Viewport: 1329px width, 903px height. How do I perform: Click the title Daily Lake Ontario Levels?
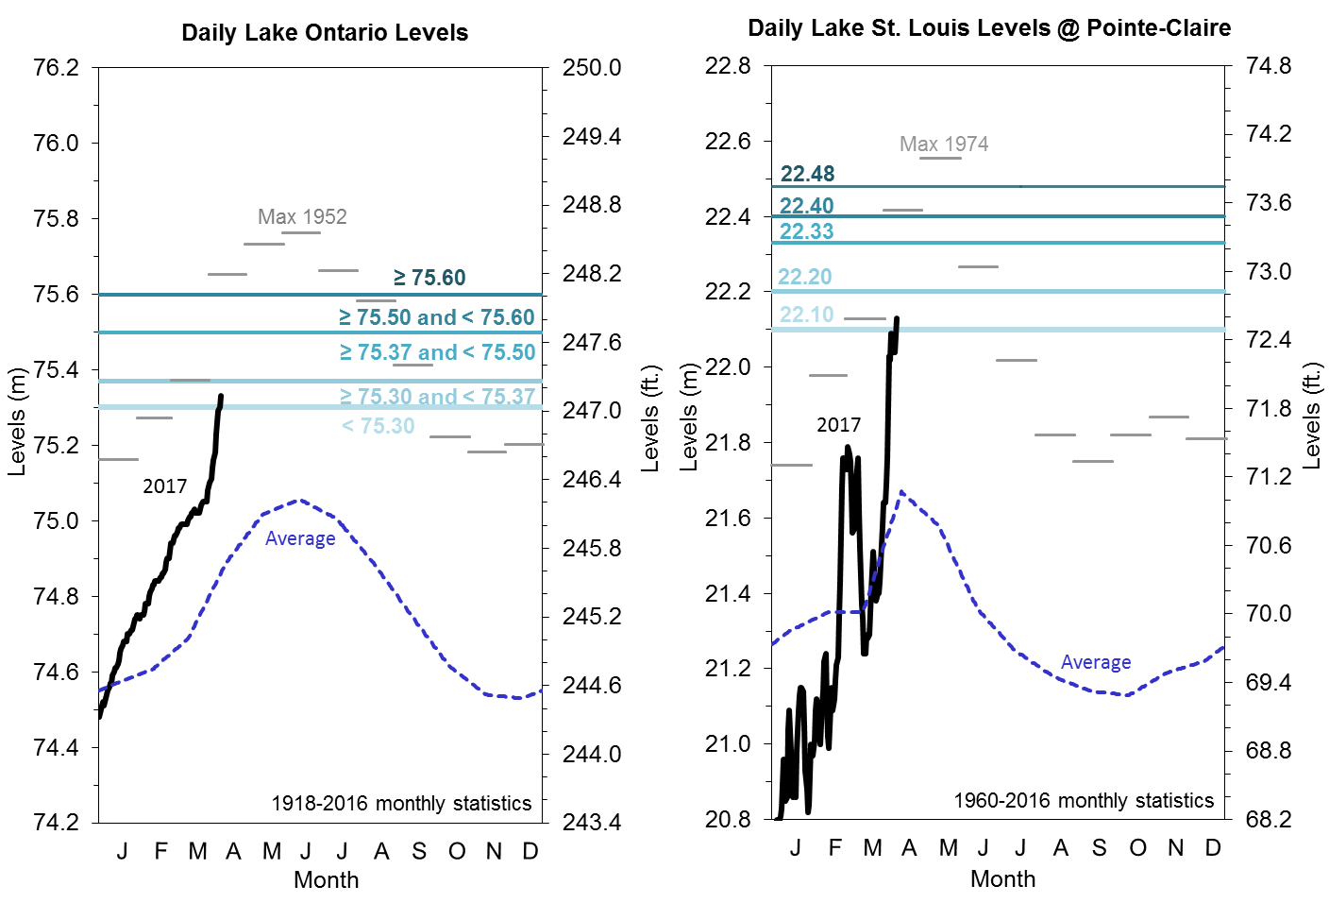pyautogui.click(x=325, y=33)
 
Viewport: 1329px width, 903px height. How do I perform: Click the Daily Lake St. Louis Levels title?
pyautogui.click(x=988, y=28)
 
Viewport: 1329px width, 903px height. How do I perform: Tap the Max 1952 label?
pyautogui.click(x=302, y=217)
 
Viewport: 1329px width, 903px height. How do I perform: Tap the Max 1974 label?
pyautogui.click(x=944, y=145)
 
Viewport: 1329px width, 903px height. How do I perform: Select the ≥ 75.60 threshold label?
pyautogui.click(x=429, y=278)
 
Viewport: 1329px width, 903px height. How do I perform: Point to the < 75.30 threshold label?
pyautogui.click(x=378, y=426)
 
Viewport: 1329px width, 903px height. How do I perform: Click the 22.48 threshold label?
pyautogui.click(x=807, y=174)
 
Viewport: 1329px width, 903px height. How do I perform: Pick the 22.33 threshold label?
pyautogui.click(x=806, y=231)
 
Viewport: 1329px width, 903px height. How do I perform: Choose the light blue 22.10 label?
pyautogui.click(x=806, y=315)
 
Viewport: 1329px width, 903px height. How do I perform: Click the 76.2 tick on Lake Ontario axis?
pyautogui.click(x=56, y=68)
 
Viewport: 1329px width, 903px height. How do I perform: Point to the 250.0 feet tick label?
pyautogui.click(x=592, y=68)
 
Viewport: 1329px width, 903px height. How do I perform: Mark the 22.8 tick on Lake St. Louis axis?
pyautogui.click(x=728, y=66)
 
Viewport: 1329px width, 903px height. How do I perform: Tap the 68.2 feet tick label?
pyautogui.click(x=1269, y=819)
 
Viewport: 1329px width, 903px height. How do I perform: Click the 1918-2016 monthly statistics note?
pyautogui.click(x=401, y=804)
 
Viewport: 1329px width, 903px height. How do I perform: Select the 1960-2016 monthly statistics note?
pyautogui.click(x=1084, y=801)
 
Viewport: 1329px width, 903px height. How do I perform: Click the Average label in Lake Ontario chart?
pyautogui.click(x=300, y=538)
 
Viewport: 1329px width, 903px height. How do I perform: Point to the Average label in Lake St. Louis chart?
pyautogui.click(x=1096, y=662)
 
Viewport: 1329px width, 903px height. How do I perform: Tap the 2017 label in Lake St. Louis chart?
pyautogui.click(x=838, y=425)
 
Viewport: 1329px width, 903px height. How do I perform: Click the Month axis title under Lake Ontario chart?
pyautogui.click(x=326, y=880)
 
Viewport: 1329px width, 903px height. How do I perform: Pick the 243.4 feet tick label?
pyautogui.click(x=592, y=823)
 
